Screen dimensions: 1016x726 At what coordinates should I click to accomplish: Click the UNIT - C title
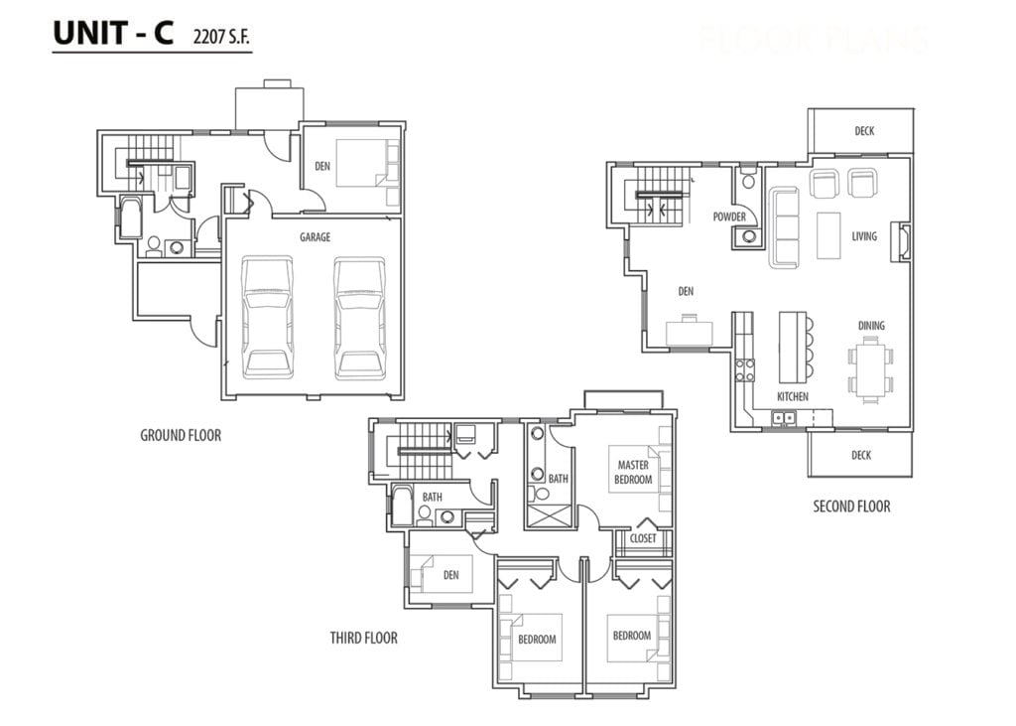[112, 33]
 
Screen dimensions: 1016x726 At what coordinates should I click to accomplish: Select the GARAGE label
[316, 237]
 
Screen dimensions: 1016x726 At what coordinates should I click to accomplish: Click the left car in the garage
[267, 317]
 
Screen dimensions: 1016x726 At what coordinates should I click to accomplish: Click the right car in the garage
[359, 317]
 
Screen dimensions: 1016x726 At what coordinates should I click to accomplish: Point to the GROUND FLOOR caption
[181, 435]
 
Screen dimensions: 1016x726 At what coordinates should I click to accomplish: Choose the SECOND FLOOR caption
[851, 507]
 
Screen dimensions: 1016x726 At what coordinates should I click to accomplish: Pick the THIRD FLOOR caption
[363, 638]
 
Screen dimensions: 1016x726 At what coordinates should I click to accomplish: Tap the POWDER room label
[729, 217]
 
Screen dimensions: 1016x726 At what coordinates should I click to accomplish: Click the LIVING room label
[864, 236]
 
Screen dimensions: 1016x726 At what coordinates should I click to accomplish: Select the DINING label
[871, 326]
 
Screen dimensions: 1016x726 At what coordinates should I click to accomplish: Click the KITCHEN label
[792, 397]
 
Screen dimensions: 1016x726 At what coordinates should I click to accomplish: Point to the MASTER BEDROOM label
[634, 473]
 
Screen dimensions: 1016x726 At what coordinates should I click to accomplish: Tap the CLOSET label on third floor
[643, 539]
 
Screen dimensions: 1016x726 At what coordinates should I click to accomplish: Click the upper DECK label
[864, 131]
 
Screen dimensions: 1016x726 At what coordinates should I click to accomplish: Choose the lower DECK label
[861, 455]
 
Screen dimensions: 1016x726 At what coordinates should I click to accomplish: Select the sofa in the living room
[784, 228]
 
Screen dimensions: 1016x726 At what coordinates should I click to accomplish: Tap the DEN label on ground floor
[322, 166]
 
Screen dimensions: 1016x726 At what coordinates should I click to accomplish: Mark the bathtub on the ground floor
[131, 218]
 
